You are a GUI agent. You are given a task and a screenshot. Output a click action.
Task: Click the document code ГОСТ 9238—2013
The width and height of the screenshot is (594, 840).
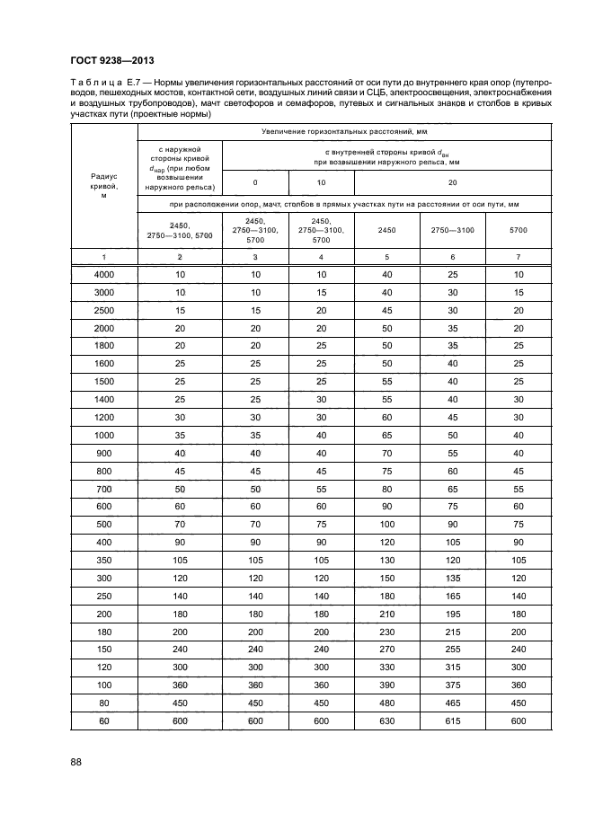coord(111,61)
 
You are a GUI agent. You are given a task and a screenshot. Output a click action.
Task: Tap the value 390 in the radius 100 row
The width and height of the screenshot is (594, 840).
coord(386,683)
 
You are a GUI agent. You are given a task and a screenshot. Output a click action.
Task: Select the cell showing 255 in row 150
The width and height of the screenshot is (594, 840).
coord(452,649)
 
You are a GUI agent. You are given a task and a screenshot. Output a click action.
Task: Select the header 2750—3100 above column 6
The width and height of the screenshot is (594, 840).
coord(452,231)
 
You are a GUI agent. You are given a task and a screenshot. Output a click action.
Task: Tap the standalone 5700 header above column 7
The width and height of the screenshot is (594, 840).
coord(519,231)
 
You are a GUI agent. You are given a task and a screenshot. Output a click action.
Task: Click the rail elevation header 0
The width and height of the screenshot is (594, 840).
coord(255,182)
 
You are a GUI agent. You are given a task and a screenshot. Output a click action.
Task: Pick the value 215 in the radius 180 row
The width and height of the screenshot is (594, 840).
coord(452,632)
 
